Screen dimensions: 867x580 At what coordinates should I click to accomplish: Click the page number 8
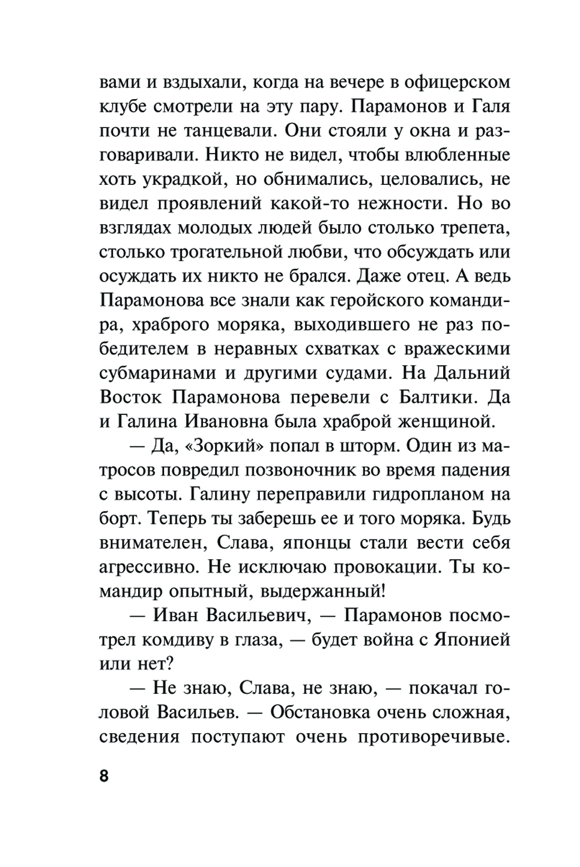coord(104,777)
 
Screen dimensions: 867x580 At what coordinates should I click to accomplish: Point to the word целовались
coord(429,179)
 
